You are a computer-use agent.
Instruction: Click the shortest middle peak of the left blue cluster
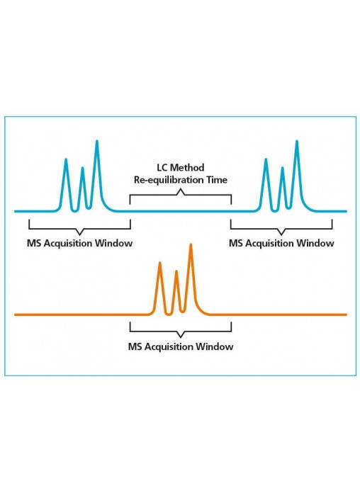point(82,169)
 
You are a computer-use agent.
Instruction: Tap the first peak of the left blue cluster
point(66,160)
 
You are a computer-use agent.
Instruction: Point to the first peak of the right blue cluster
point(266,160)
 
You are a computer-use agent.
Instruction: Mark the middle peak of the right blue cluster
point(283,169)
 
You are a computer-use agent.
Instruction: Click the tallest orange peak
point(191,246)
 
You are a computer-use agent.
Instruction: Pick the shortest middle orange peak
point(176,272)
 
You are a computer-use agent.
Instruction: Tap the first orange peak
point(160,263)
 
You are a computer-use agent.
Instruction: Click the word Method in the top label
point(187,167)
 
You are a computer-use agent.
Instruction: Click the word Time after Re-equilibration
point(217,180)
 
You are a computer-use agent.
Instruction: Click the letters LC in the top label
point(162,167)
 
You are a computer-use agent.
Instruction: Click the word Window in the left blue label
point(114,244)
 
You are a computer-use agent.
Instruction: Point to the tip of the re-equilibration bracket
point(181,189)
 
